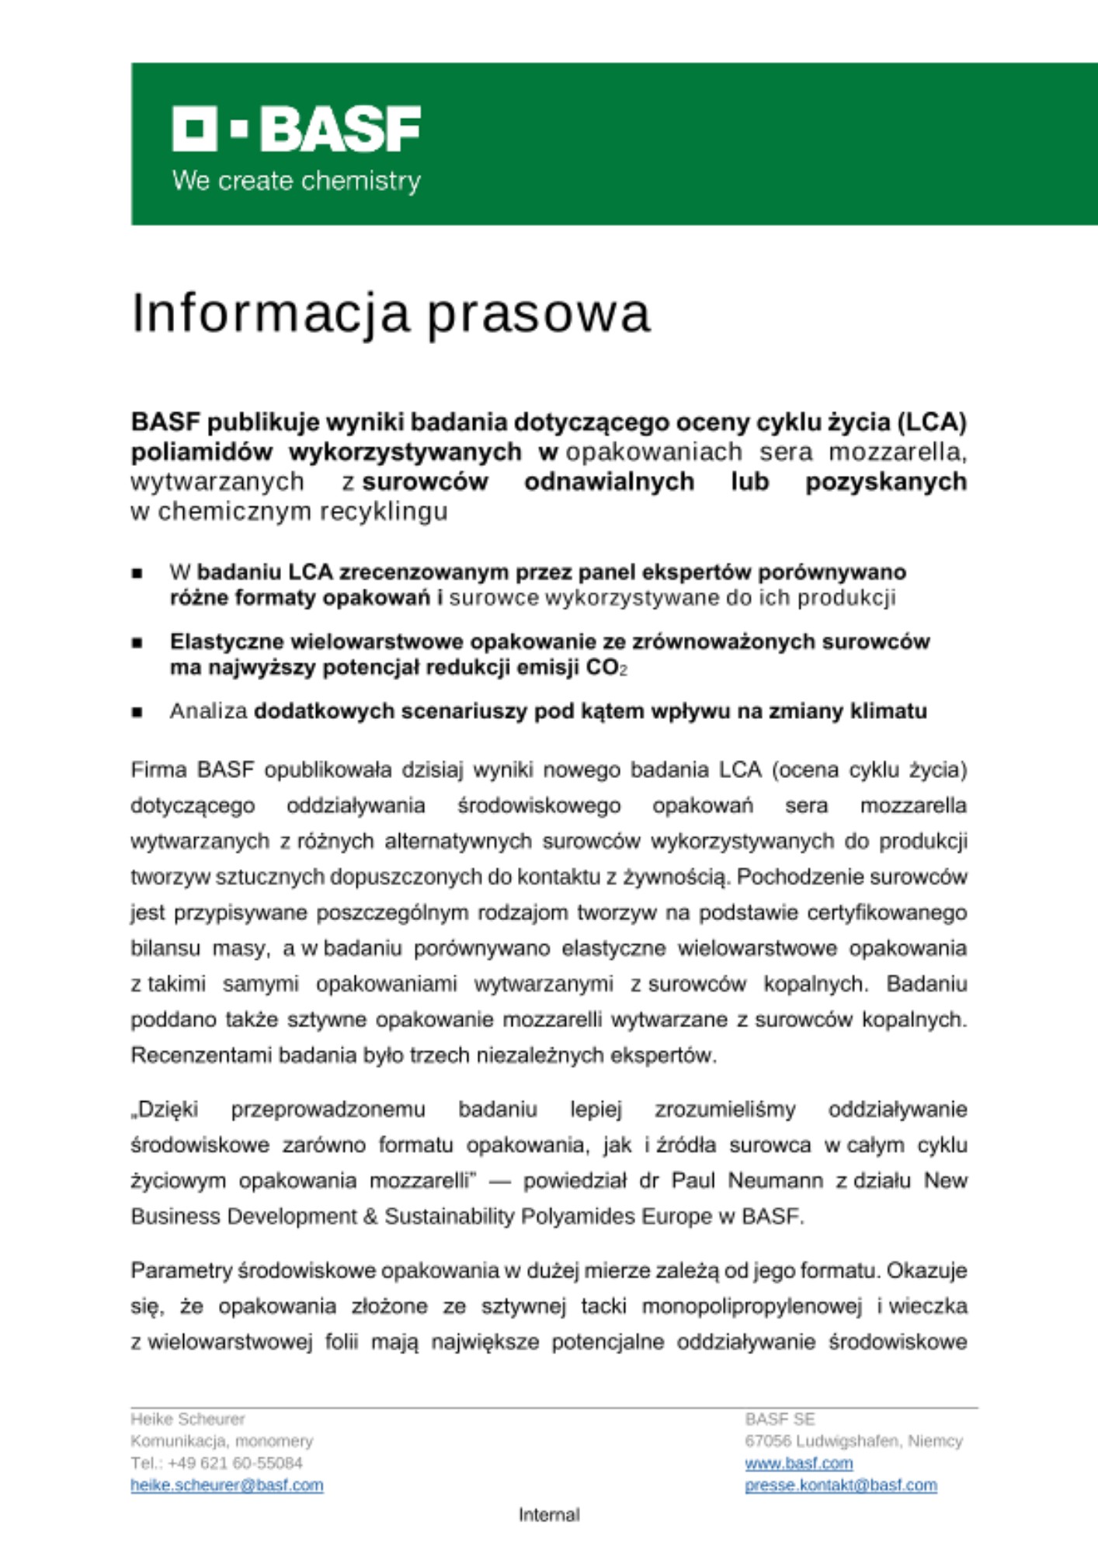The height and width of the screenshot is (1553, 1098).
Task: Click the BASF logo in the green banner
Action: pyautogui.click(x=296, y=129)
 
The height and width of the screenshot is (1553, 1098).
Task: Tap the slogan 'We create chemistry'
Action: pyautogui.click(x=296, y=181)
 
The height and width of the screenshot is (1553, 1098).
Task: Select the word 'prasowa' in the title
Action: pyautogui.click(x=539, y=313)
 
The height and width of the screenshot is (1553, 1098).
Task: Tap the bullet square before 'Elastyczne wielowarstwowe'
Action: pyautogui.click(x=137, y=643)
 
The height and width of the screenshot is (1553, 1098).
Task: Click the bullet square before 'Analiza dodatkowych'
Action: pyautogui.click(x=137, y=712)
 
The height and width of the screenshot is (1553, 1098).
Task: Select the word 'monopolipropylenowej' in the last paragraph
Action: pyautogui.click(x=752, y=1307)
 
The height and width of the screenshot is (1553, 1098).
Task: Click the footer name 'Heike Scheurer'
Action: pyautogui.click(x=187, y=1419)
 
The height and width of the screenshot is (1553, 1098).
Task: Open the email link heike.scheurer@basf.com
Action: pyautogui.click(x=227, y=1485)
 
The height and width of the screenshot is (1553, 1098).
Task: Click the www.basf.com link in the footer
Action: pyautogui.click(x=798, y=1464)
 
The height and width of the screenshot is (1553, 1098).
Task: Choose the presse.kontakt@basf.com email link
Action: pyautogui.click(x=840, y=1485)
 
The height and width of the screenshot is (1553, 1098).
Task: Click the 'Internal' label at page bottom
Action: pyautogui.click(x=549, y=1515)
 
